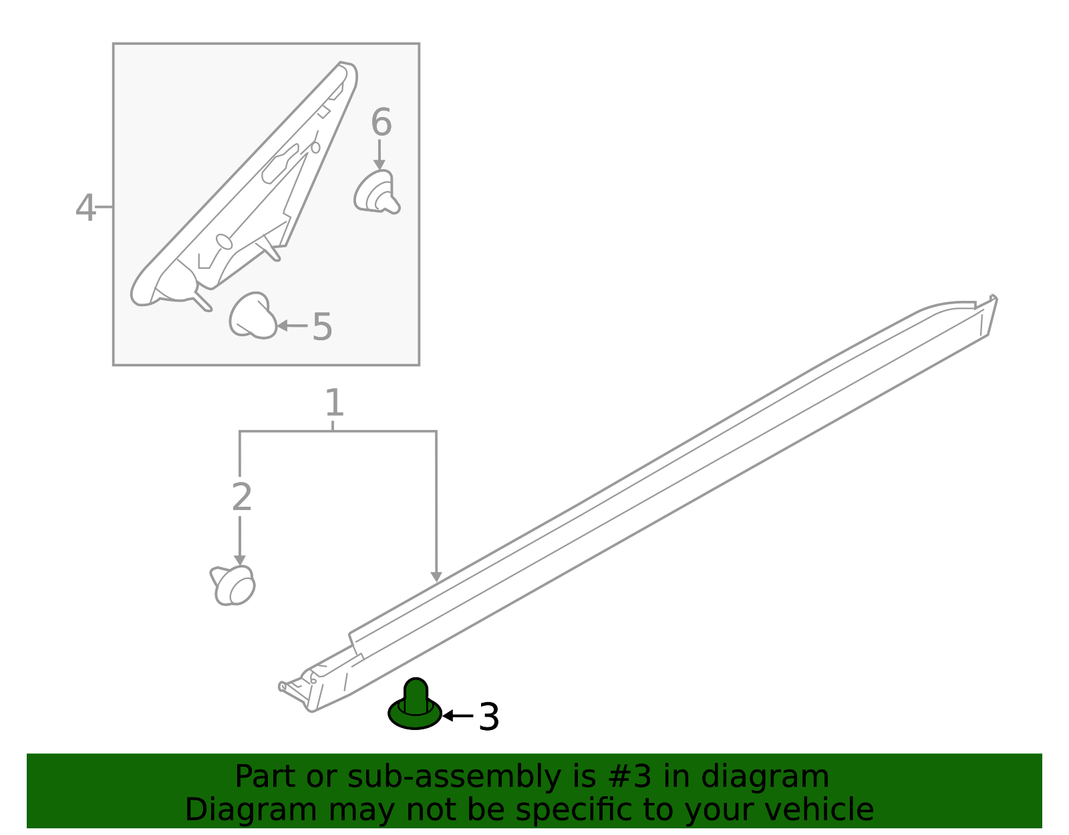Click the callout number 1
click(x=333, y=404)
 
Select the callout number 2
click(x=241, y=497)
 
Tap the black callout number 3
click(x=488, y=717)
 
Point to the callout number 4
click(x=86, y=209)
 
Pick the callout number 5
click(x=321, y=327)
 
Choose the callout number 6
click(x=381, y=123)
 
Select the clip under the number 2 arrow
click(x=233, y=585)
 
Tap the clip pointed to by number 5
click(x=253, y=316)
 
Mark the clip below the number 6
click(x=377, y=192)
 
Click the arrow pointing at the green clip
click(x=458, y=715)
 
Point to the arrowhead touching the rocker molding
click(x=436, y=576)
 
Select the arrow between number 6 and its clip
click(x=379, y=154)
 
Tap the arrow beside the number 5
click(x=292, y=326)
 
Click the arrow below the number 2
click(x=239, y=540)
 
